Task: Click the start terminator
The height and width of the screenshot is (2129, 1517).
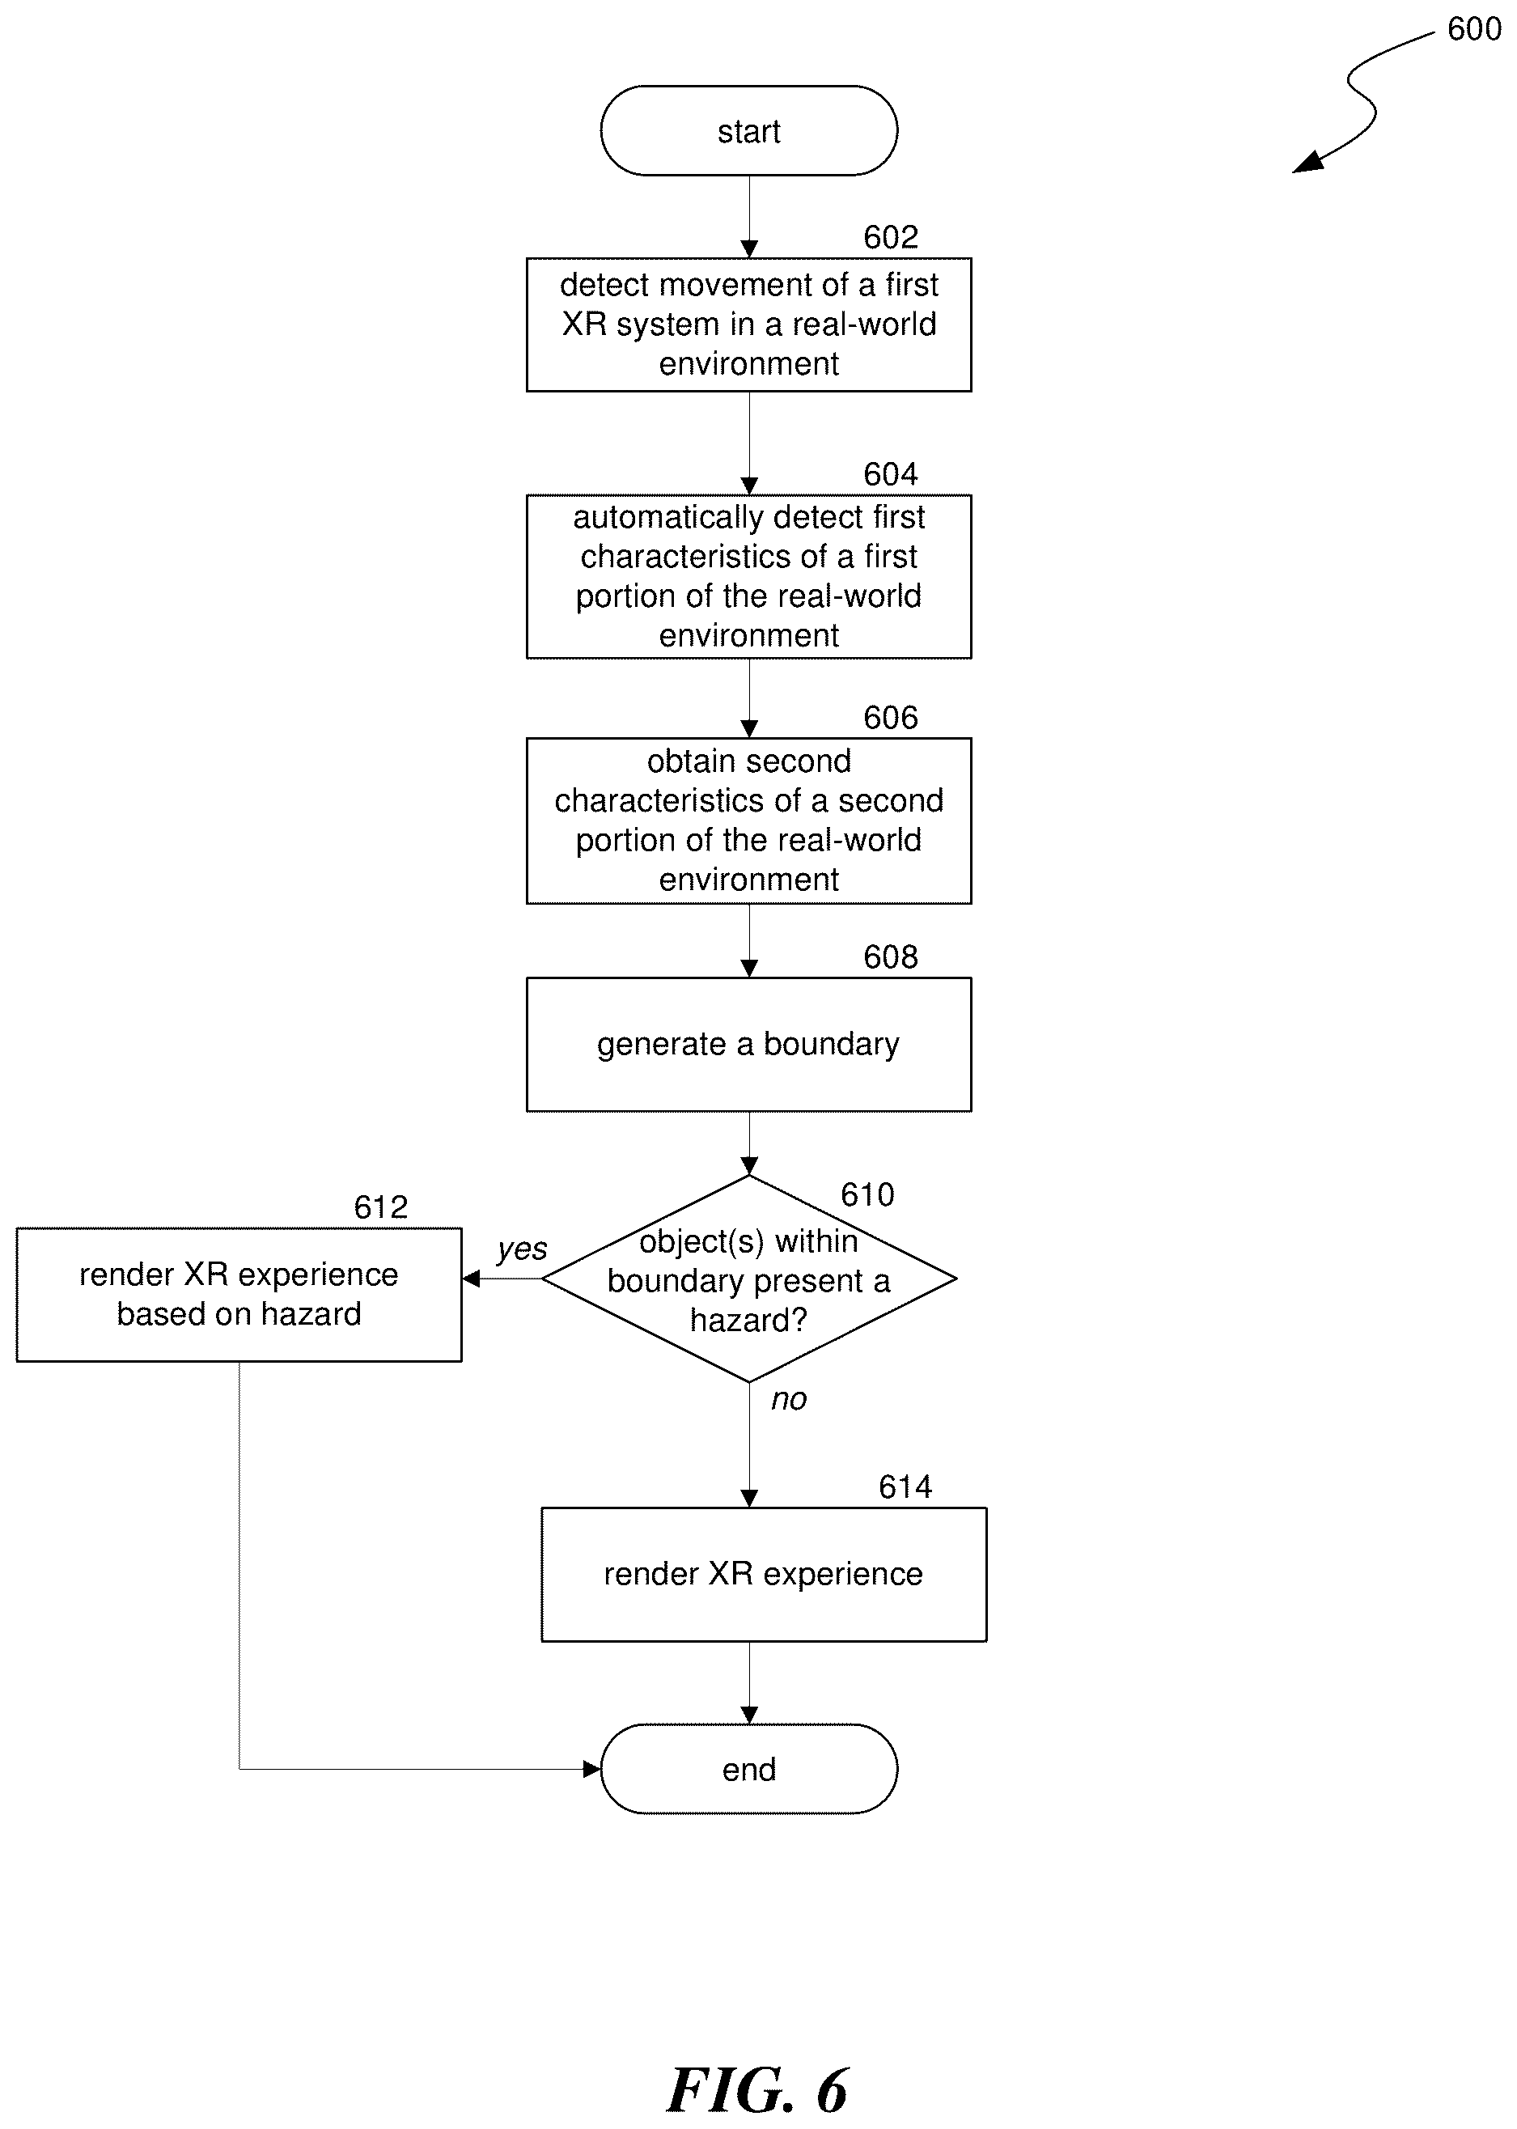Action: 748,131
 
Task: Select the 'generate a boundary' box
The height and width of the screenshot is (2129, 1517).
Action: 748,1045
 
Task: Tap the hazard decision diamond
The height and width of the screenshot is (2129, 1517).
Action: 748,1278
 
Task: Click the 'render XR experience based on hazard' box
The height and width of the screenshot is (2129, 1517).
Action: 239,1295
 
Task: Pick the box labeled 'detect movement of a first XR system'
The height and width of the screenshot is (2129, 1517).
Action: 748,324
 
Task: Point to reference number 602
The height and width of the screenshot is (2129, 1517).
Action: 890,237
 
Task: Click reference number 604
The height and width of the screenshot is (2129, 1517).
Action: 890,474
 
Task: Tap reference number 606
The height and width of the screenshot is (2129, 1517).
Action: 890,718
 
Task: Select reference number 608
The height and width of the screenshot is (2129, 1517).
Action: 890,956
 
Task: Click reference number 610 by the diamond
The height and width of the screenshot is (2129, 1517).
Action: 867,1195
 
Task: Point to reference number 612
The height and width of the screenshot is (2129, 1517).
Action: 380,1207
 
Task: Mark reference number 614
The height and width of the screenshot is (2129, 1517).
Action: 905,1487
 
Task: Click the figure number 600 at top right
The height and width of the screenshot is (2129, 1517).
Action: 1474,30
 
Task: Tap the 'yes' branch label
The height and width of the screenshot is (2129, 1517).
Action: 522,1250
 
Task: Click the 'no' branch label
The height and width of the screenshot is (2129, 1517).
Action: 788,1399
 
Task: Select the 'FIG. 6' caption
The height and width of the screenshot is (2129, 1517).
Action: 757,2091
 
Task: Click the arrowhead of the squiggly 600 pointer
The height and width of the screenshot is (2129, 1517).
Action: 1307,163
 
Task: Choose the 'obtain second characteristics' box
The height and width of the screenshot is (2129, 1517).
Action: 748,821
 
